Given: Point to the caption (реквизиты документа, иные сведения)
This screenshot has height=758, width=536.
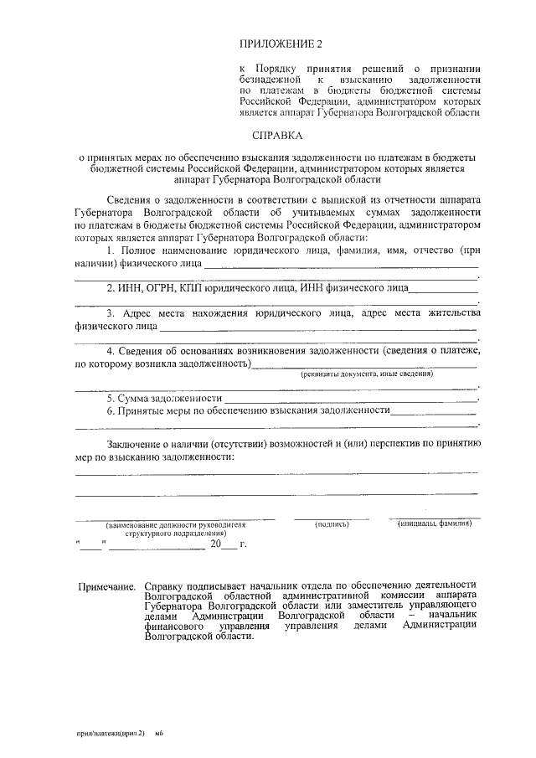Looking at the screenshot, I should click(x=367, y=374).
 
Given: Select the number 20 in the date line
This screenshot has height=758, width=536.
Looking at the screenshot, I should click(x=216, y=544).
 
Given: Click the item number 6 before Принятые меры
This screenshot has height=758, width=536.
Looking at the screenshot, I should click(x=111, y=411).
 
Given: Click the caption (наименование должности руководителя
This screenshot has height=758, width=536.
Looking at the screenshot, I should click(x=175, y=524).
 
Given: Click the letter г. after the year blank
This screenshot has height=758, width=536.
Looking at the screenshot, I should click(x=243, y=544).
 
